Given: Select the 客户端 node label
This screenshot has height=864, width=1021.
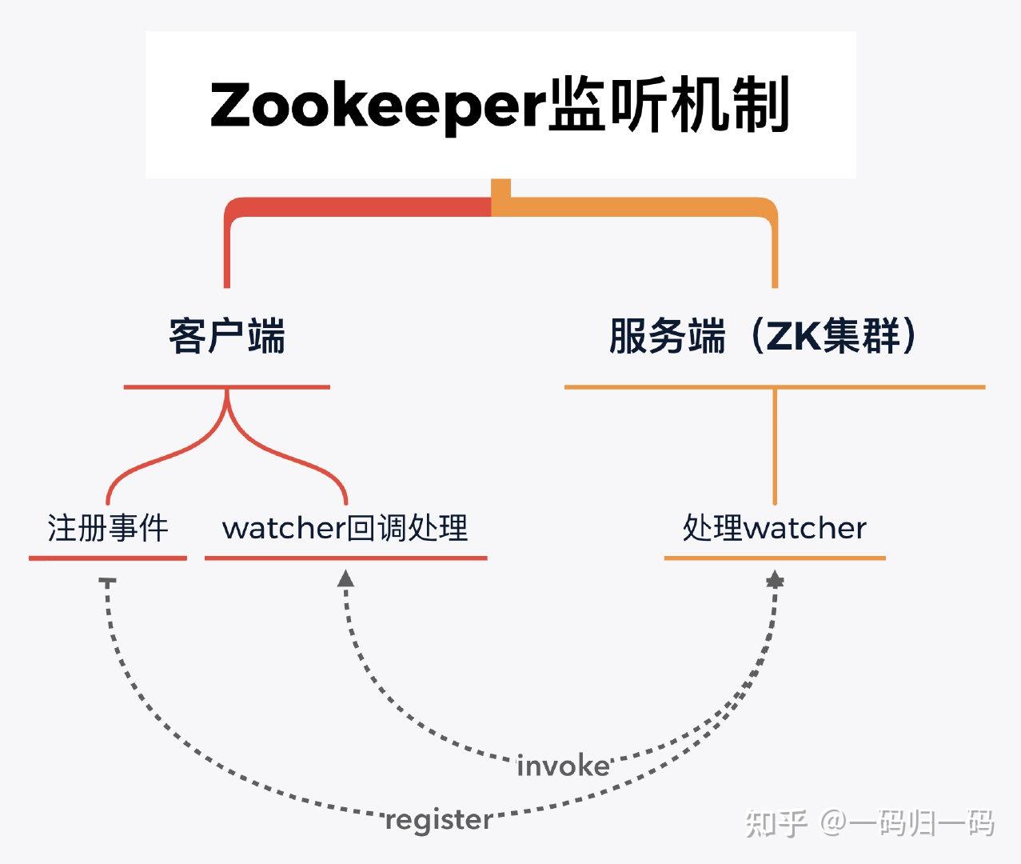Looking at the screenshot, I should click(227, 336).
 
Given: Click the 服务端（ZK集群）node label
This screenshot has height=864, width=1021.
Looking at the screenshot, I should click(765, 336).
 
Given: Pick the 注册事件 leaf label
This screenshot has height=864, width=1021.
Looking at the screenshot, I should click(108, 528).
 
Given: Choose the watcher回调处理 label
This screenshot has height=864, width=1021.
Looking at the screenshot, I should click(345, 528).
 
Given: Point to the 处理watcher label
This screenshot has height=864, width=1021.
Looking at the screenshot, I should click(774, 528).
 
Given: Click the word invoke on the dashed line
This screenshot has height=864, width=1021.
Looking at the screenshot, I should click(563, 766).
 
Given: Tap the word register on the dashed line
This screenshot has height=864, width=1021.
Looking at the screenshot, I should click(438, 820).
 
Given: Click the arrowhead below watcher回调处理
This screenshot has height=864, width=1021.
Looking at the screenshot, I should click(345, 578).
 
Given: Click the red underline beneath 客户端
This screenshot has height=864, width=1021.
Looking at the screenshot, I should click(227, 387).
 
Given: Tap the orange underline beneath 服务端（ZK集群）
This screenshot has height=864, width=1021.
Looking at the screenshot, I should click(774, 387).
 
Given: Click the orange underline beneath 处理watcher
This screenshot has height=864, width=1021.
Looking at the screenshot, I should click(774, 558).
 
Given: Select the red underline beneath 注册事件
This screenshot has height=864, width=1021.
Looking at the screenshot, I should click(108, 558).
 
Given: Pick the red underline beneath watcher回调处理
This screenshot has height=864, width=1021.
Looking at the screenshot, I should click(345, 558).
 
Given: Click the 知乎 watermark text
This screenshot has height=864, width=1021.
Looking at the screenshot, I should click(776, 822).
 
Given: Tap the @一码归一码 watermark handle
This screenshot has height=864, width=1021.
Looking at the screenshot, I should click(907, 822).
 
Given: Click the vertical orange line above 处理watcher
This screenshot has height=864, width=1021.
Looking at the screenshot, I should click(775, 448).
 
